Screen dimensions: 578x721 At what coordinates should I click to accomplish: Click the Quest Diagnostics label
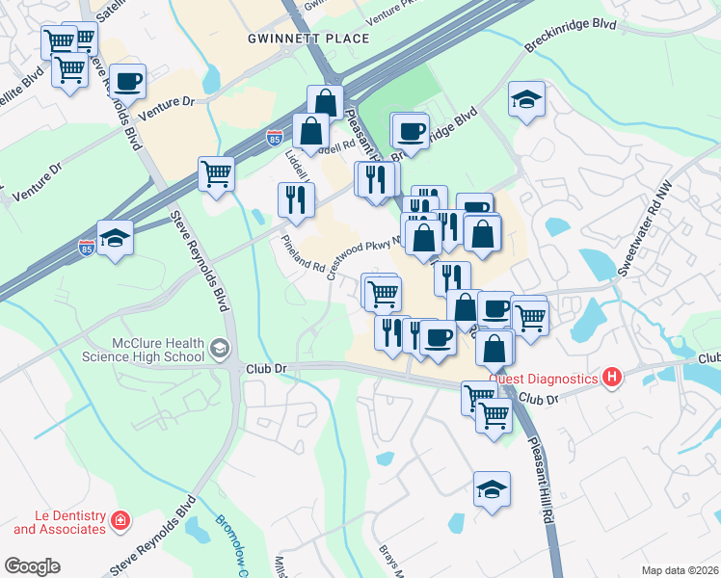click(543, 378)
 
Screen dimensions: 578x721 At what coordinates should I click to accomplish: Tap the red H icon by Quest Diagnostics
click(609, 378)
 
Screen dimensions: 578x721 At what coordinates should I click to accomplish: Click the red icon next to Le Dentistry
click(120, 522)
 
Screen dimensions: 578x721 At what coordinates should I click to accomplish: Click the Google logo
click(32, 566)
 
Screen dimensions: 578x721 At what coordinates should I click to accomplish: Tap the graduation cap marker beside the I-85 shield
click(115, 237)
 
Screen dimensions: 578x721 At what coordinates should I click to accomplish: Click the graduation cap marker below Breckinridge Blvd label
click(526, 99)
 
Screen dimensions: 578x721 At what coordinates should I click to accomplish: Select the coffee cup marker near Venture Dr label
click(127, 82)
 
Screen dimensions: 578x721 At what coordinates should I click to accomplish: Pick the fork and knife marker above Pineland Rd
click(296, 198)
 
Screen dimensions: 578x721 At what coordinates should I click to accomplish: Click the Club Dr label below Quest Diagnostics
click(540, 398)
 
